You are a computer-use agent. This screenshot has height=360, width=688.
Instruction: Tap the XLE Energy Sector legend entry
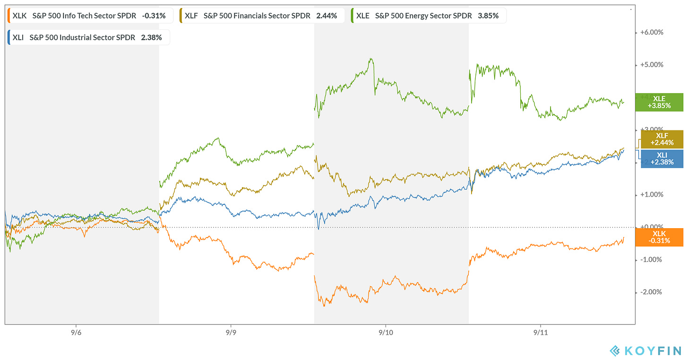429,16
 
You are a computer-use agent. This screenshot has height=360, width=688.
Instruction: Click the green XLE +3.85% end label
659,102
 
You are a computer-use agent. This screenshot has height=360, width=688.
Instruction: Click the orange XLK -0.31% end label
659,237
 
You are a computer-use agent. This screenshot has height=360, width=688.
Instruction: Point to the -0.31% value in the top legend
154,16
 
